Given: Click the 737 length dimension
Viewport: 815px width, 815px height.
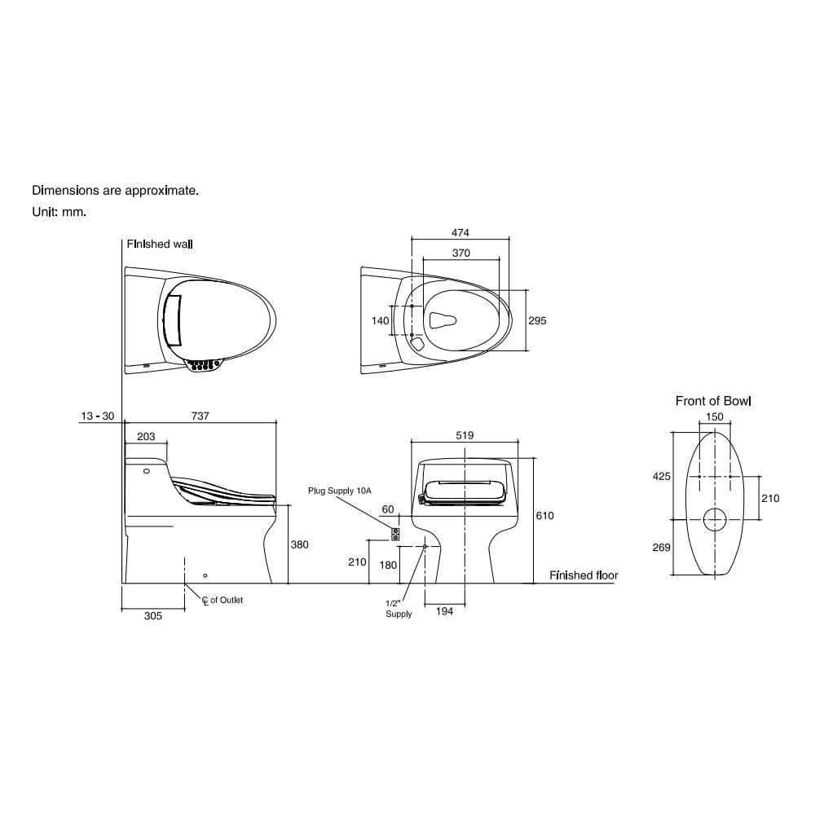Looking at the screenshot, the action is (x=200, y=416).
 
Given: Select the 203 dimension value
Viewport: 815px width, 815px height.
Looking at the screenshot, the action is (x=146, y=437).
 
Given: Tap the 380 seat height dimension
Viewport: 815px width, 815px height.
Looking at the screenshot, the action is (x=299, y=544).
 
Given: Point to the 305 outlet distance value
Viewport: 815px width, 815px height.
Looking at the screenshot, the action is (x=153, y=616).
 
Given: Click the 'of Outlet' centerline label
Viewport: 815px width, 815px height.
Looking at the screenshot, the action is (x=227, y=600).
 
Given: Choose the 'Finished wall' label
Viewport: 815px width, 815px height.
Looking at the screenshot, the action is (x=160, y=244).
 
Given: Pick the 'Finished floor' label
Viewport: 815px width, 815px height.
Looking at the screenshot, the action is (x=584, y=575).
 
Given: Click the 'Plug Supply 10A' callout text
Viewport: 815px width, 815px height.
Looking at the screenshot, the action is (x=340, y=491).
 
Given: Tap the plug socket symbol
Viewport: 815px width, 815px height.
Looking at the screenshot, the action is (x=395, y=535).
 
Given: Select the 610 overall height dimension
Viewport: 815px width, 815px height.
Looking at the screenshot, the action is (x=544, y=516).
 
